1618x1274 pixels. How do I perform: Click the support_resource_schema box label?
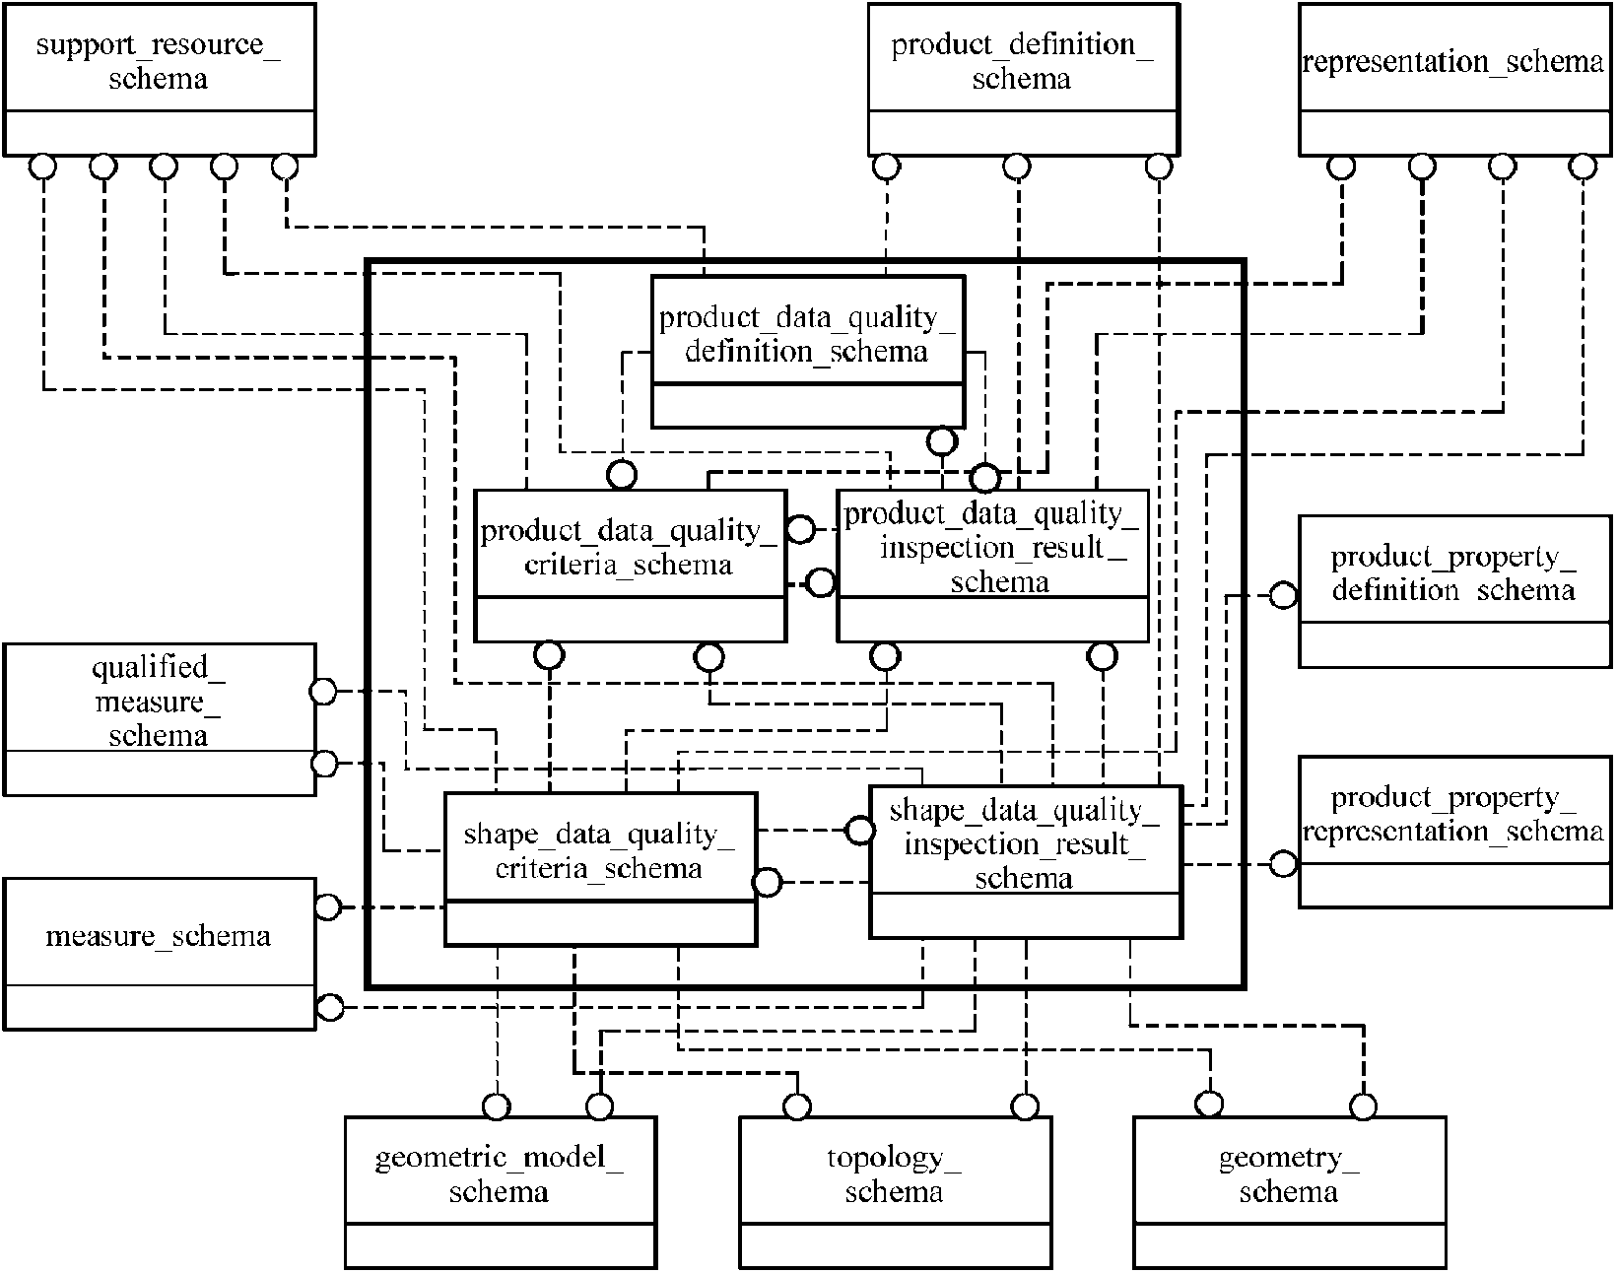(159, 61)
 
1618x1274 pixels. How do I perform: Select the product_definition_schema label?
(1022, 61)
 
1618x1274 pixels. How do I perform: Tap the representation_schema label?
(1453, 61)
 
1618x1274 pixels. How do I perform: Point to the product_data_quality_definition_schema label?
(807, 334)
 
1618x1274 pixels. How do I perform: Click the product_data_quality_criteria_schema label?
(629, 548)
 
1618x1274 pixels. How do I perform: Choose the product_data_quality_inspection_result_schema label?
(992, 548)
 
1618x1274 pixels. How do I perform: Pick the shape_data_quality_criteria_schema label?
(599, 850)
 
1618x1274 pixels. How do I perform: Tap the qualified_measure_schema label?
(159, 701)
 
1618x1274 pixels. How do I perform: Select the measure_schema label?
(159, 936)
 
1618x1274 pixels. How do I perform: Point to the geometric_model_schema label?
(500, 1173)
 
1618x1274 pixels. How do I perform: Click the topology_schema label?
(894, 1173)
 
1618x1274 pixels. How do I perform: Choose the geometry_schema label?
(1289, 1173)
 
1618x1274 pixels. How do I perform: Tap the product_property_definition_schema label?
(1453, 573)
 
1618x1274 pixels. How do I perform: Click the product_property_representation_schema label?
(1453, 814)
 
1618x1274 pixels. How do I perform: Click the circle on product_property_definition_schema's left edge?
(1283, 595)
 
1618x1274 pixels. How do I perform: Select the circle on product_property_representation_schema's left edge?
(1283, 863)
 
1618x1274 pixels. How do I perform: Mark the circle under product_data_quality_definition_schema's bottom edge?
(942, 441)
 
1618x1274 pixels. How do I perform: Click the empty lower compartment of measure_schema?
(159, 1007)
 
